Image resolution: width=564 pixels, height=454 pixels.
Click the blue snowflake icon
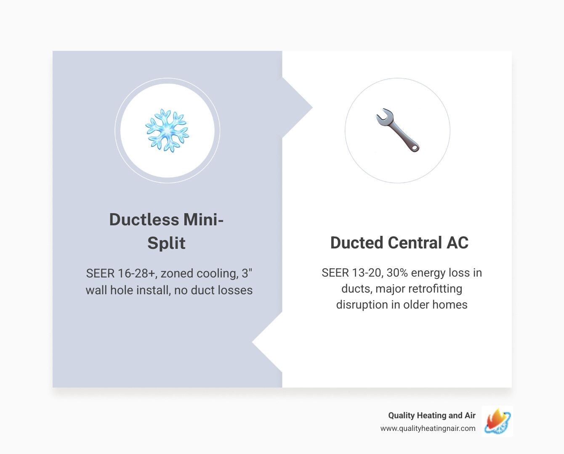167,130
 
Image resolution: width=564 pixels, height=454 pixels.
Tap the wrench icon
397,130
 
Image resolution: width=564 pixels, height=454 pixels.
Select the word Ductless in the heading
144,220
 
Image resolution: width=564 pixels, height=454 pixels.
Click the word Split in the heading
166,243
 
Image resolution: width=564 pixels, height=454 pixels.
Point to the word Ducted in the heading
356,243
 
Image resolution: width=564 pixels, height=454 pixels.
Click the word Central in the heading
415,243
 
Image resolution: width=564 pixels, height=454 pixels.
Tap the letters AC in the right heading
458,243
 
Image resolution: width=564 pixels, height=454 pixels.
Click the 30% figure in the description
397,273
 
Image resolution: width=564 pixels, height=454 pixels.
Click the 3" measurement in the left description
247,274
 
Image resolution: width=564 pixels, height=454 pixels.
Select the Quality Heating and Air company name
431,415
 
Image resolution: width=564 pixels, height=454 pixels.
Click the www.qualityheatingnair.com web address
428,428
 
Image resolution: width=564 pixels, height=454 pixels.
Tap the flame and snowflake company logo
497,421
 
